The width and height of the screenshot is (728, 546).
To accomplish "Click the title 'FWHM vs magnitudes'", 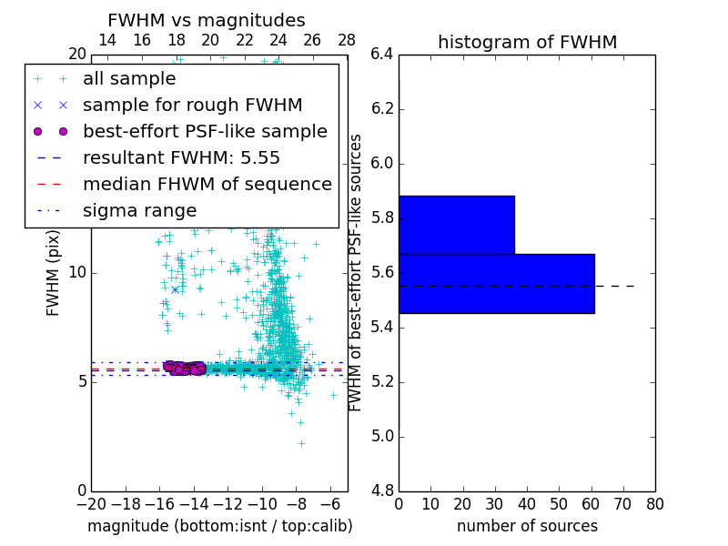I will tap(207, 21).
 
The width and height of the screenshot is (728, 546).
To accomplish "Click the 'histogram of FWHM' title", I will tap(527, 42).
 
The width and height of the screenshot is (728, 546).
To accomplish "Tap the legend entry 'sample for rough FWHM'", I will tap(192, 106).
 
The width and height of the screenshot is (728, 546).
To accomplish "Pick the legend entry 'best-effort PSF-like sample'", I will tap(205, 132).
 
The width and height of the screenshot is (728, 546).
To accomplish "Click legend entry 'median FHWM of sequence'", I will tap(207, 185).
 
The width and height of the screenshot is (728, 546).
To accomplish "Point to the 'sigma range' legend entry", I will tap(139, 211).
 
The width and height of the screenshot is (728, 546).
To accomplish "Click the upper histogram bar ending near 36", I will tap(456, 225).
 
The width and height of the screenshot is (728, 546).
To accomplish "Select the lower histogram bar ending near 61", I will tap(496, 283).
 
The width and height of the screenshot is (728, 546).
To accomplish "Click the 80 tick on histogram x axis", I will tap(655, 503).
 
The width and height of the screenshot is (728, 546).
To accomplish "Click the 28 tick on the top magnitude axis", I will tap(347, 41).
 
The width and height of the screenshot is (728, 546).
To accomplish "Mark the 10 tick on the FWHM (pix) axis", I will tap(76, 273).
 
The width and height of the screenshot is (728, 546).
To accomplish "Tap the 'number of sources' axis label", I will tap(527, 526).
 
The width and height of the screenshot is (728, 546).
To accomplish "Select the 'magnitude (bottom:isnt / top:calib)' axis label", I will tap(219, 526).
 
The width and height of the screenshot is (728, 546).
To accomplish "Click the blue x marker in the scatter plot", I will tap(175, 289).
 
